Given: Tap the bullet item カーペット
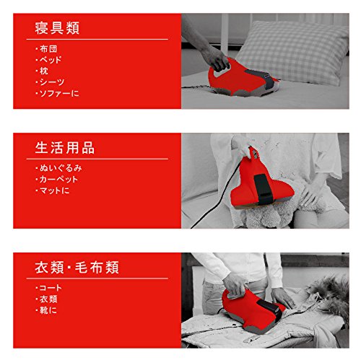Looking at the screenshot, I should pos(58,180).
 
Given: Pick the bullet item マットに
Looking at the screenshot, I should pos(53,190).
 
